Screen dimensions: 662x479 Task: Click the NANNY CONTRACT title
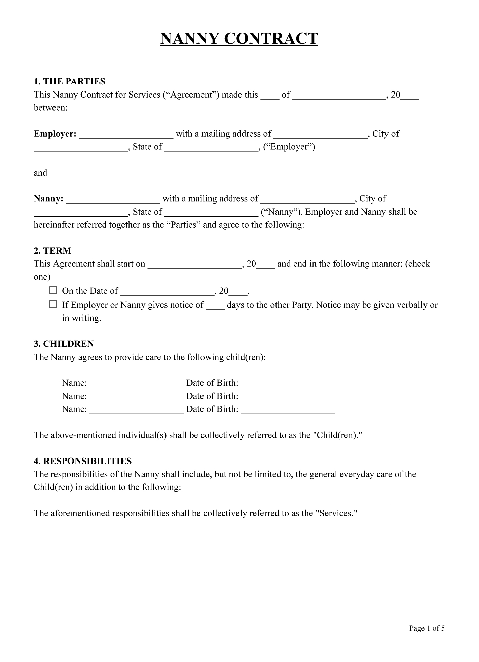(239, 39)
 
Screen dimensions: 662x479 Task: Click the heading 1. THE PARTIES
(69, 81)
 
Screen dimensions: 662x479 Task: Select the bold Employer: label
(55, 134)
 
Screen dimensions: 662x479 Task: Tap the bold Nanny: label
(48, 199)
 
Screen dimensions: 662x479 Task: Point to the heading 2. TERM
(52, 251)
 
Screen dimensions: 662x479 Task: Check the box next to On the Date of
(53, 290)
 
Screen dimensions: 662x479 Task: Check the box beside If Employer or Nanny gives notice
(53, 304)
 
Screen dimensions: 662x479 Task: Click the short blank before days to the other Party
(215, 306)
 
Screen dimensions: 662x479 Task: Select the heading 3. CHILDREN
(64, 344)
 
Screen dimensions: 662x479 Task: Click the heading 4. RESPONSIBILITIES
(82, 461)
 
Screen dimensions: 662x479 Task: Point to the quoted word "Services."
(336, 513)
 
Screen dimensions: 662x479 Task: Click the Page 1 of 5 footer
(427, 628)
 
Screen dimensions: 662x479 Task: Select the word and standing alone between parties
(40, 173)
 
